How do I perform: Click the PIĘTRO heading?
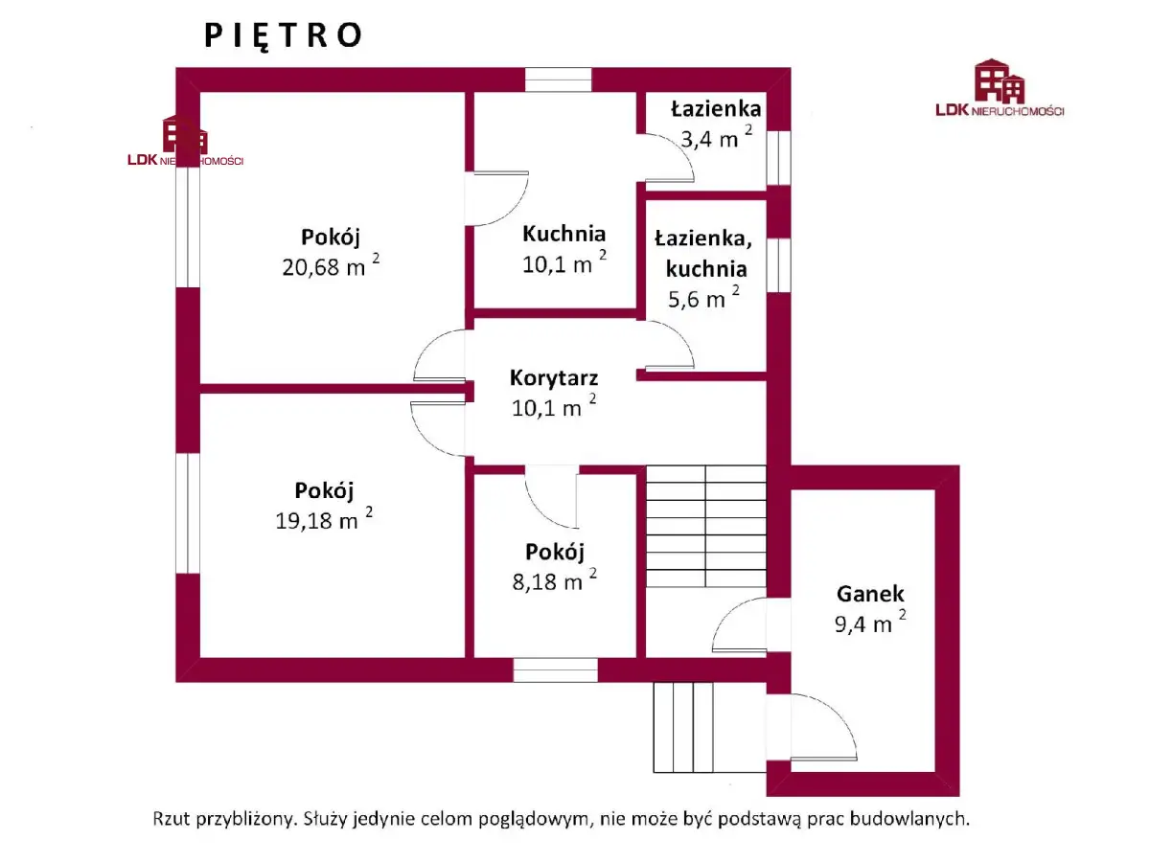tap(283, 35)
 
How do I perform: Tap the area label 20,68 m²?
tap(331, 265)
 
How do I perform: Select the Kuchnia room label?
tap(563, 234)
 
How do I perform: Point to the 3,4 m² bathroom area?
tap(716, 137)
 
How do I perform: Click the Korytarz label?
tap(554, 378)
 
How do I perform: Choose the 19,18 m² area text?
tap(324, 519)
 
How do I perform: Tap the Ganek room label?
tap(870, 594)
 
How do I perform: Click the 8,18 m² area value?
tap(554, 579)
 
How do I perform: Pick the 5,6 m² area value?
tap(703, 297)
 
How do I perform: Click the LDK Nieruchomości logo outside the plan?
tap(1000, 87)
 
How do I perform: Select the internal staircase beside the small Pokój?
tap(705, 526)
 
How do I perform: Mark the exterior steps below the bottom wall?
tap(683, 727)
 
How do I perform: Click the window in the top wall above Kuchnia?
tap(558, 79)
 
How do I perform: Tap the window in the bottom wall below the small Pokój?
tap(555, 669)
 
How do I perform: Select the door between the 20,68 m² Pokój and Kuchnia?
tap(496, 198)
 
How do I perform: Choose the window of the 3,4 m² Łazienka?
tap(778, 157)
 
